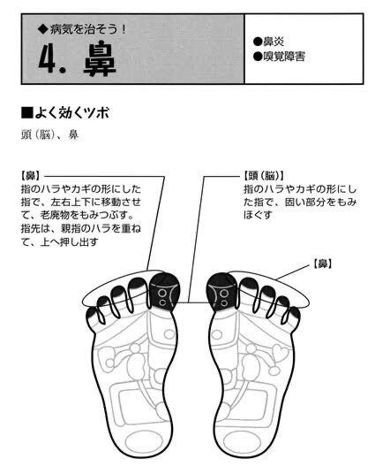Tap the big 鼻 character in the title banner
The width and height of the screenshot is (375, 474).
[100, 60]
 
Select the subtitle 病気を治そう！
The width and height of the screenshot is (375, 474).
[87, 30]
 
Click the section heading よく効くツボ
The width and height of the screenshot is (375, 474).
[71, 113]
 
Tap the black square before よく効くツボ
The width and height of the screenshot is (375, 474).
[27, 113]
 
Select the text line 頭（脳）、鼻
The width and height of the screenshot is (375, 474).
[49, 134]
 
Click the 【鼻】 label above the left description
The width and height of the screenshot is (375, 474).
[32, 176]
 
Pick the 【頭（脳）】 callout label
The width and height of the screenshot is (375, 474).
[264, 176]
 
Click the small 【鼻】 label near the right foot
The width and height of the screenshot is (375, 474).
[322, 264]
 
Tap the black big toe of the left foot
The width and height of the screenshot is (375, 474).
[164, 292]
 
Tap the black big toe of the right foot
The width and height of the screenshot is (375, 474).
[222, 292]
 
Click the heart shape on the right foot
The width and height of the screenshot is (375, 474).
[281, 353]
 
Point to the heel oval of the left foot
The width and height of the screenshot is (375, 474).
[142, 442]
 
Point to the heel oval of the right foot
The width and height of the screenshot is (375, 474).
[242, 442]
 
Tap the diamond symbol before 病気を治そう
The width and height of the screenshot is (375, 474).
[43, 30]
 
